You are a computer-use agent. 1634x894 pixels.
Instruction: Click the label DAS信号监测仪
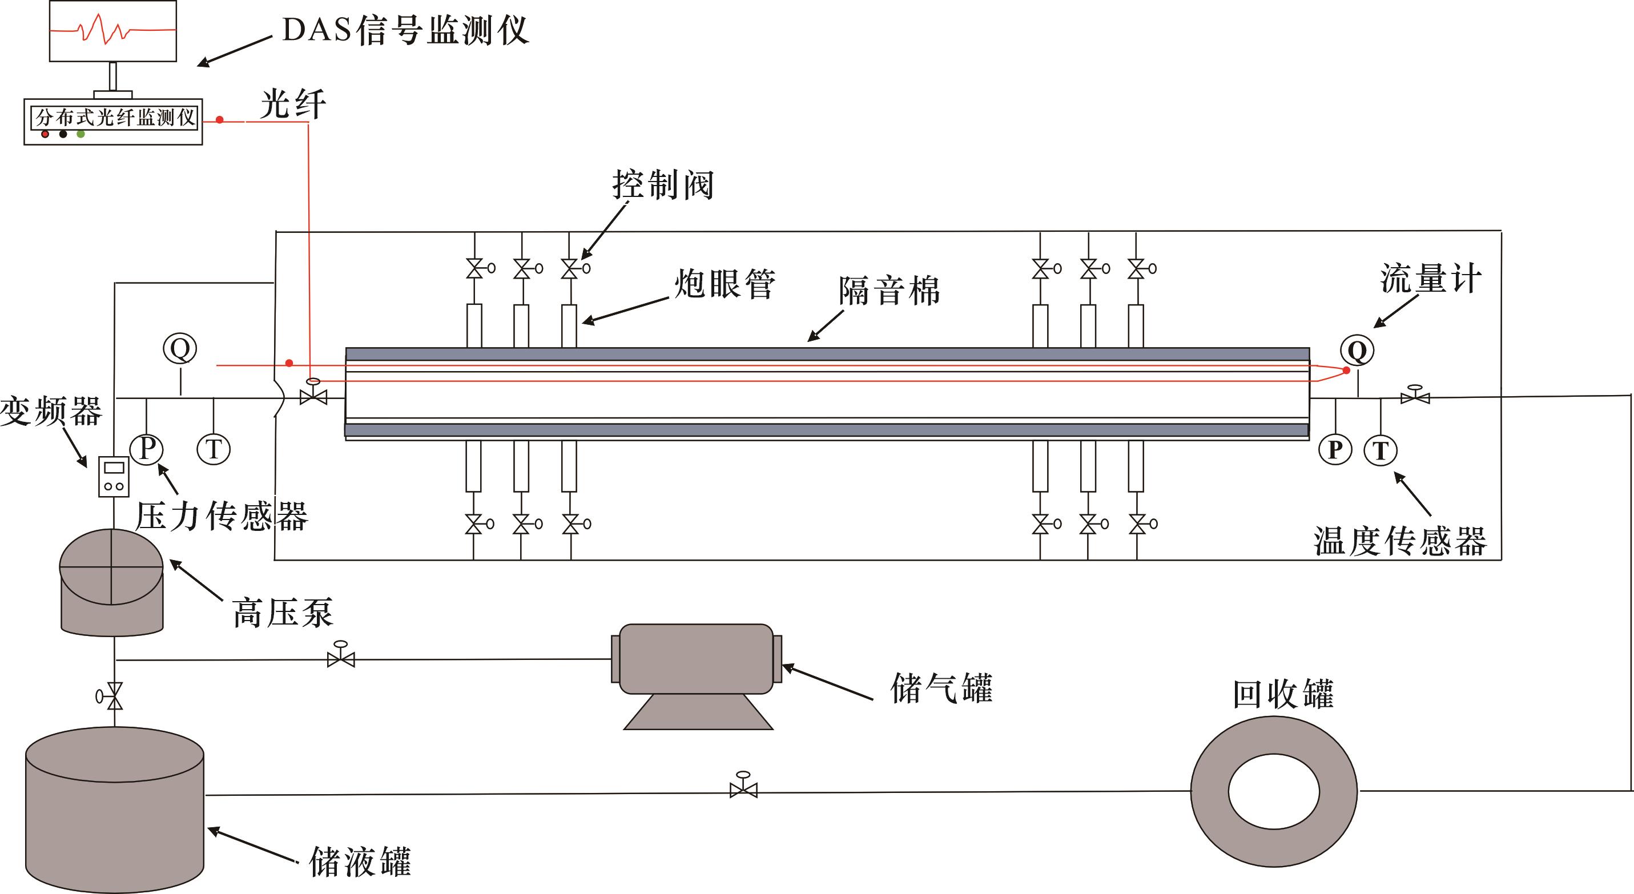tap(405, 30)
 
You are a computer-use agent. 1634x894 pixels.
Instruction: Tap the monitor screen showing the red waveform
tap(113, 30)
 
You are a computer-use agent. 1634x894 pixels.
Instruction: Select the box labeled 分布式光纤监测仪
tap(114, 118)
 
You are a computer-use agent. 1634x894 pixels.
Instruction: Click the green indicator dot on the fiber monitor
tap(81, 134)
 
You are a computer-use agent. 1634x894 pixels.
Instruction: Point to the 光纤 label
tap(292, 103)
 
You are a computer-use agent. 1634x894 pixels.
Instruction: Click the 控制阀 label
tap(663, 184)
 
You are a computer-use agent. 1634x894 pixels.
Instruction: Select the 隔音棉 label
tap(889, 291)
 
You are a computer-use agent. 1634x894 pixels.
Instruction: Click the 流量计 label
tap(1430, 279)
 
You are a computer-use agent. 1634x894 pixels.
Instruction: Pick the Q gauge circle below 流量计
tap(1357, 351)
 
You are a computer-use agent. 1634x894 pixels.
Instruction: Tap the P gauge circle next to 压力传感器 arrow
tap(147, 449)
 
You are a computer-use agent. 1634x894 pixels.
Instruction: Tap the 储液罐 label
tap(360, 861)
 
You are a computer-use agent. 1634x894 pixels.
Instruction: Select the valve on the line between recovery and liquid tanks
tap(743, 789)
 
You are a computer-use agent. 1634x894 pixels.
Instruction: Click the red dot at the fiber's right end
tap(1346, 371)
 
